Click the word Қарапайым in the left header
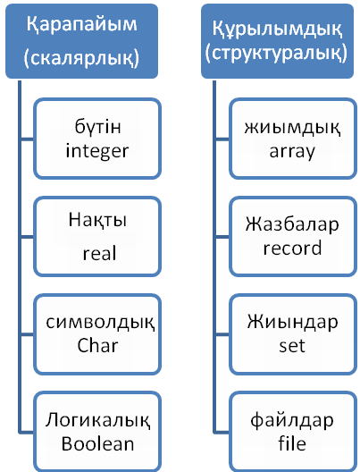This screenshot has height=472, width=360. tap(82, 25)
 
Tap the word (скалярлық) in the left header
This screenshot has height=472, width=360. tap(81, 58)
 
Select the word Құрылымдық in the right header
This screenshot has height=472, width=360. tap(277, 29)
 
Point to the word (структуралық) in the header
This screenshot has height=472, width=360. tap(276, 54)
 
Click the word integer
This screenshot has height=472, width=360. tap(97, 151)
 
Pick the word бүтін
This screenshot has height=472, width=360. tap(97, 126)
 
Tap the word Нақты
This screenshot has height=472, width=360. tap(97, 220)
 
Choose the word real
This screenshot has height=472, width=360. tap(99, 253)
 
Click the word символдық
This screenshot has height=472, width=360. tap(100, 323)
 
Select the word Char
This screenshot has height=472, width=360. tap(97, 345)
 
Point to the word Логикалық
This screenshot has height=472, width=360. tap(97, 420)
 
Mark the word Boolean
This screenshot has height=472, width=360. tap(97, 443)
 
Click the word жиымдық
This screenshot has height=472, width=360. tap(292, 128)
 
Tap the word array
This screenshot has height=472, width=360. tap(292, 152)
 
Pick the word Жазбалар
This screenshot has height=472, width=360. tap(292, 225)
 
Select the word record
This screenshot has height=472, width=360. tap(292, 248)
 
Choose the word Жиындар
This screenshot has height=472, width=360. tap(292, 322)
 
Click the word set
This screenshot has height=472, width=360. tap(292, 346)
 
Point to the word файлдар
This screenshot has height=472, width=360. tap(292, 420)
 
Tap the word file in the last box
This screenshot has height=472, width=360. tap(292, 443)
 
